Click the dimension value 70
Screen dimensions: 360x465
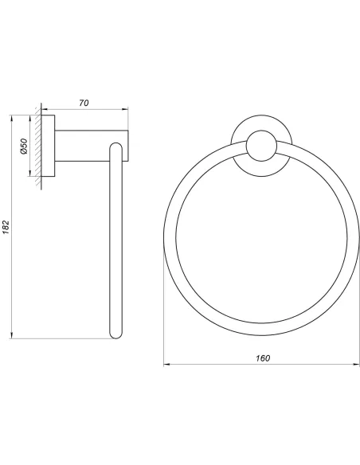pos(84,103)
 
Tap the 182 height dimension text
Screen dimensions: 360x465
pos(6,227)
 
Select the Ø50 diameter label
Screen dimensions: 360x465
pos(24,146)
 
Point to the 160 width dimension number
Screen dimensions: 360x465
pos(263,358)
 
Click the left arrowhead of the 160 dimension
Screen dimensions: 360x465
pos(166,364)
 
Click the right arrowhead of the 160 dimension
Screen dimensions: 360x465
pos(356,364)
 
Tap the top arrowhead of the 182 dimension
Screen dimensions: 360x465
pos(12,118)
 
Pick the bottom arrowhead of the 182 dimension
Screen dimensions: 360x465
pos(12,335)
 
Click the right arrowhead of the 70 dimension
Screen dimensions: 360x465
pos(125,109)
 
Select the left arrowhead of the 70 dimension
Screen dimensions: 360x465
pos(45,109)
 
